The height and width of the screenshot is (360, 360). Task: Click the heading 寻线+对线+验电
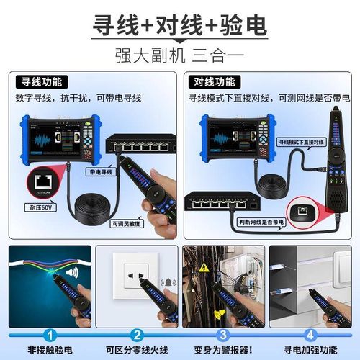[x=180, y=24]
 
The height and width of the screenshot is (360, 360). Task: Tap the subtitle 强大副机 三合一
[x=180, y=55]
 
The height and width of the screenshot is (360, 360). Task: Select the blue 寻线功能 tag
[x=40, y=81]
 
